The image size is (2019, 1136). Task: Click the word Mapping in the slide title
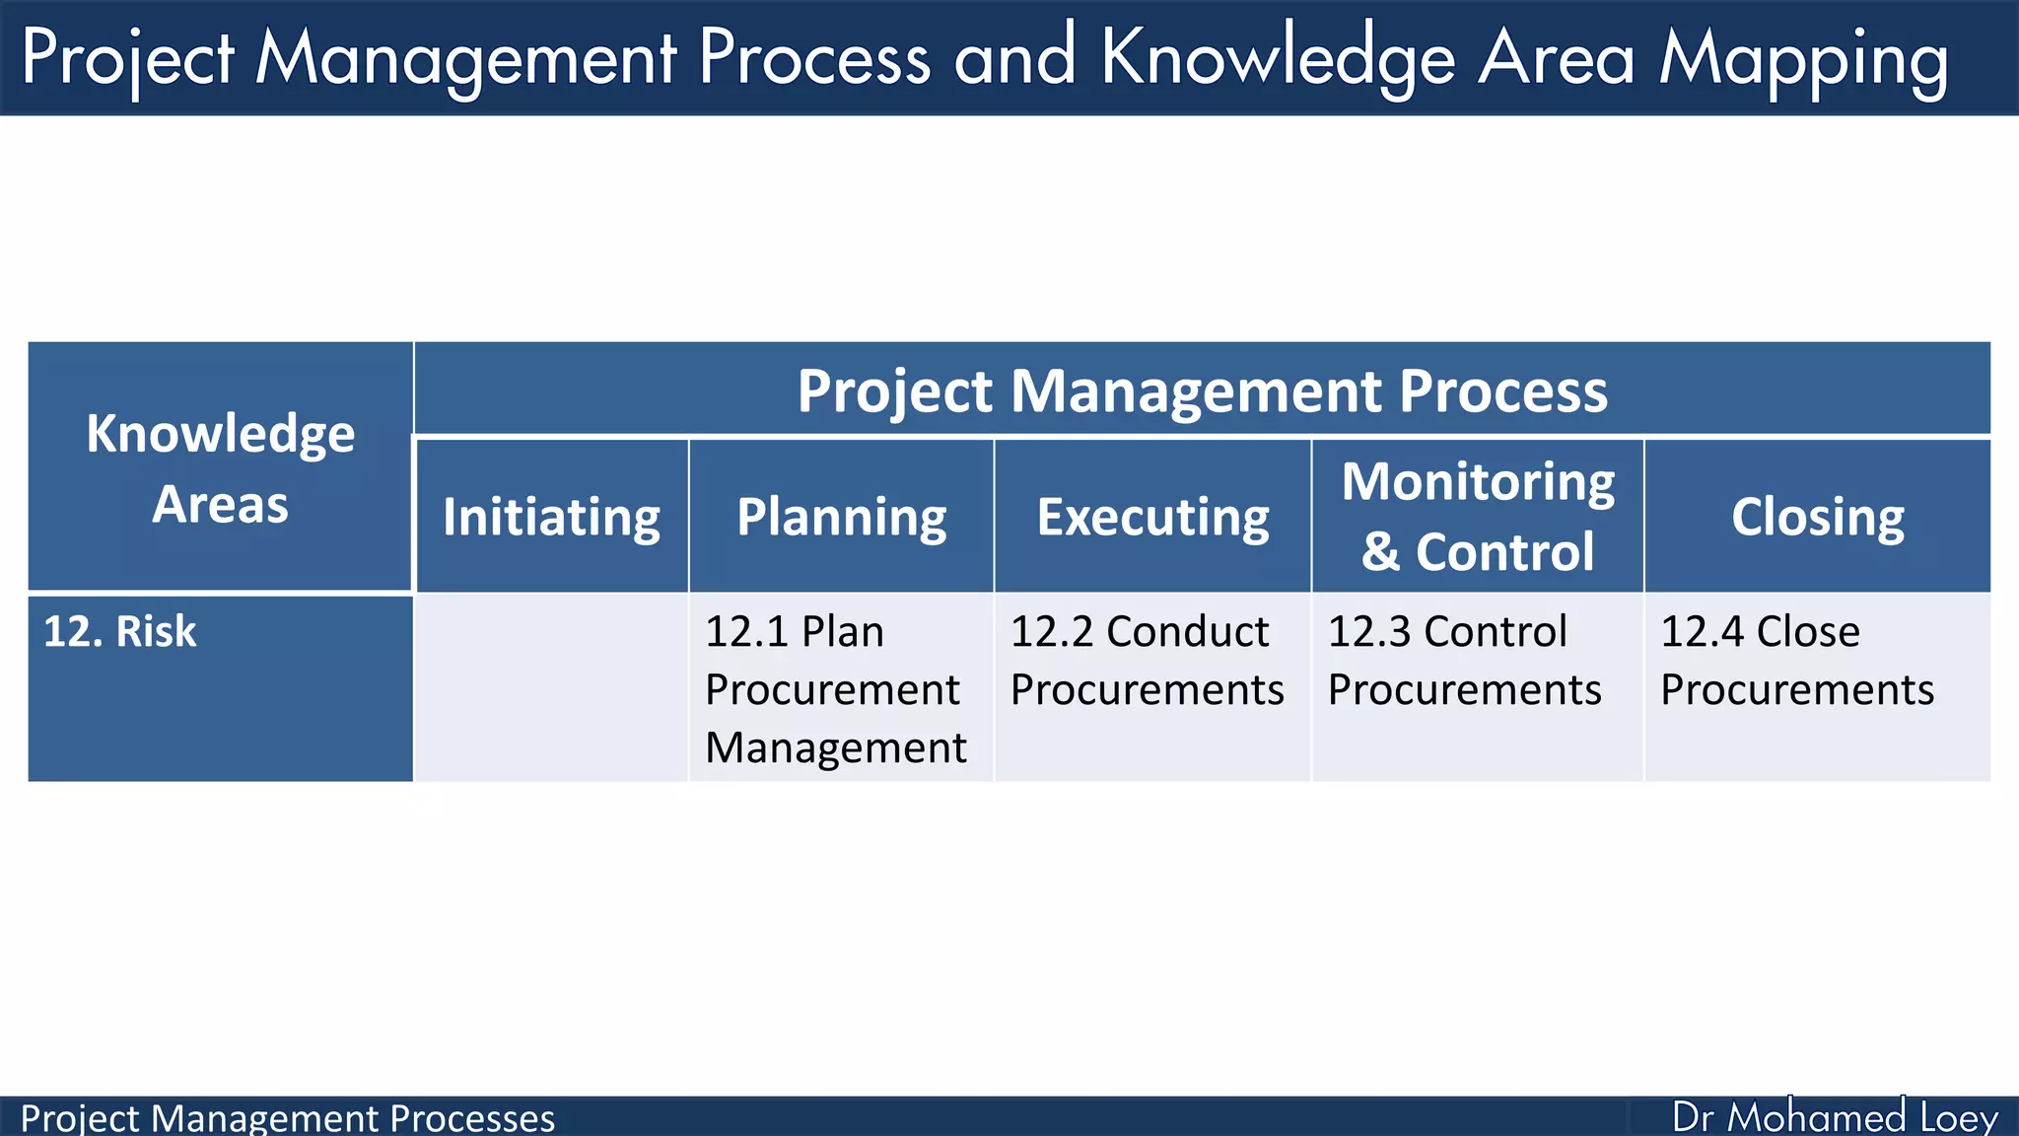pos(1803,59)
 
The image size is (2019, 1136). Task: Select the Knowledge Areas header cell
pos(220,467)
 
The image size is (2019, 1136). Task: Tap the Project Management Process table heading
pos(1202,390)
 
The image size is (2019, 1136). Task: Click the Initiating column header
pos(551,517)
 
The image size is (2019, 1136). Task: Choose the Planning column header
pos(841,517)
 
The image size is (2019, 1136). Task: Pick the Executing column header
pos(1152,517)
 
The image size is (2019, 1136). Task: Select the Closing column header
pos(1817,517)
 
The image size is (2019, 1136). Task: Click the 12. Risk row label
pos(120,631)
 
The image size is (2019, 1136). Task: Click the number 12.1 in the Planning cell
pos(746,632)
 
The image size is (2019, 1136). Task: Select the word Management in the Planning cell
pos(836,747)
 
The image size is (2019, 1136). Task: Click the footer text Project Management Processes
pos(287,1118)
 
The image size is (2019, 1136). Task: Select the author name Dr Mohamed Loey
pos(1835,1117)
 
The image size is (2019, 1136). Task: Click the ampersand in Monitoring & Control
pos(1380,552)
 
